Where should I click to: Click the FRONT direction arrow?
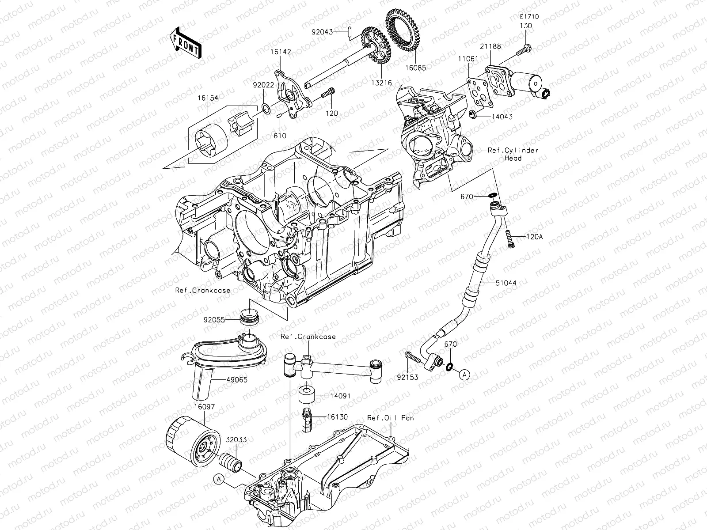coord(185,42)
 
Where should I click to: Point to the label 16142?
coord(281,64)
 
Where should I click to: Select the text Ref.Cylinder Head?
coord(513,154)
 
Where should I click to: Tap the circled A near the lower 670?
coord(464,375)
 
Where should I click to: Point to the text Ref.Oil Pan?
coord(391,418)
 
